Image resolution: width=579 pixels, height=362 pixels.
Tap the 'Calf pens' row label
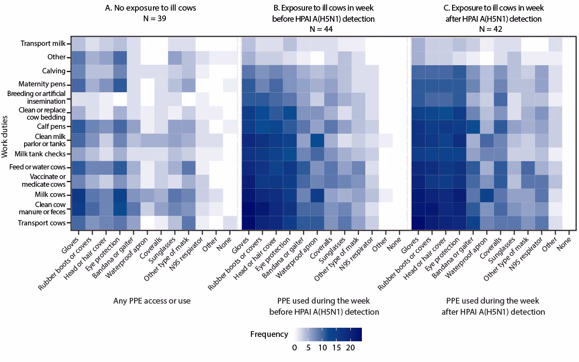pos(52,125)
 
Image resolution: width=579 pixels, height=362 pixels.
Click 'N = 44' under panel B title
pos(324,29)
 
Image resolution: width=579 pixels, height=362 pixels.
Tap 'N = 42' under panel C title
pos(494,29)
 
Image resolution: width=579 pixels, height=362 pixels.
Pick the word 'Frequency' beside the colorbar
pos(269,334)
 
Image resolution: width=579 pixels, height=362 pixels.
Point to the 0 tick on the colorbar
pos(295,348)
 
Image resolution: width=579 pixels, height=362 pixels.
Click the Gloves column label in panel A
pos(71,241)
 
